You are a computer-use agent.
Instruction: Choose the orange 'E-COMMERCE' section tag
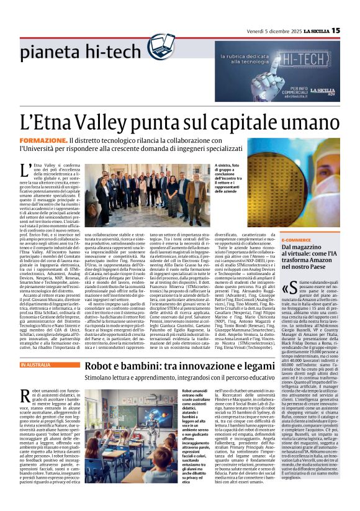pos(300,240)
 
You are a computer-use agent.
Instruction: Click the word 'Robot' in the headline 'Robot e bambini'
pos(102,366)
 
